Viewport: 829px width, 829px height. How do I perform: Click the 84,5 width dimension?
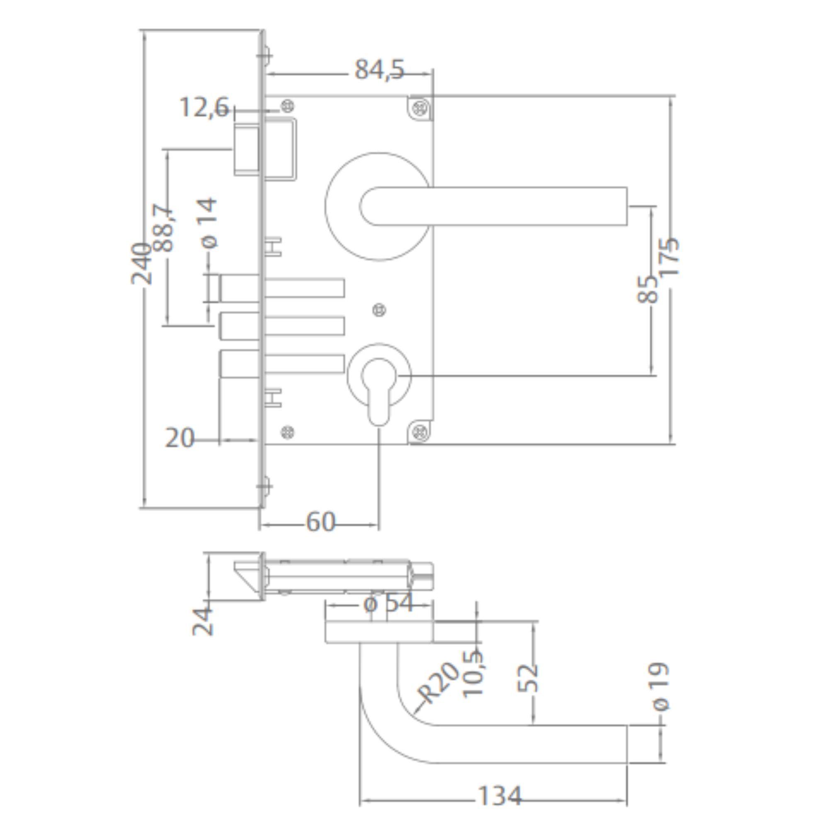point(379,70)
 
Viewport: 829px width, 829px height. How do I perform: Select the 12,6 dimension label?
point(204,107)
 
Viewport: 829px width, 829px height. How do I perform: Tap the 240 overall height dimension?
point(141,264)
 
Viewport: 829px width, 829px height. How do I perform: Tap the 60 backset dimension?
point(320,522)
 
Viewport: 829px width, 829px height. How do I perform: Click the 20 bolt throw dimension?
point(179,439)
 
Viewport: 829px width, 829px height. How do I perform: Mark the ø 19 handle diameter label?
point(661,687)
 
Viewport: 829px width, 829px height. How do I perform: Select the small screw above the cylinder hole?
point(379,310)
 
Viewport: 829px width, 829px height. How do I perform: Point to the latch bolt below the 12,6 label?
point(247,150)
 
